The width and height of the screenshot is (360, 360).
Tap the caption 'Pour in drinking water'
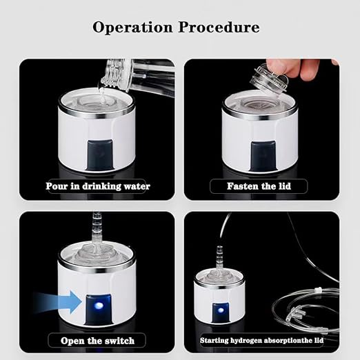click(97, 186)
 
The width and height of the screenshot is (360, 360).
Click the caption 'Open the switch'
click(97, 340)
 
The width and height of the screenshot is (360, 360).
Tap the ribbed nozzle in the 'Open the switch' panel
click(96, 228)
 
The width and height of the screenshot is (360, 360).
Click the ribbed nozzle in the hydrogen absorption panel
click(219, 256)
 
